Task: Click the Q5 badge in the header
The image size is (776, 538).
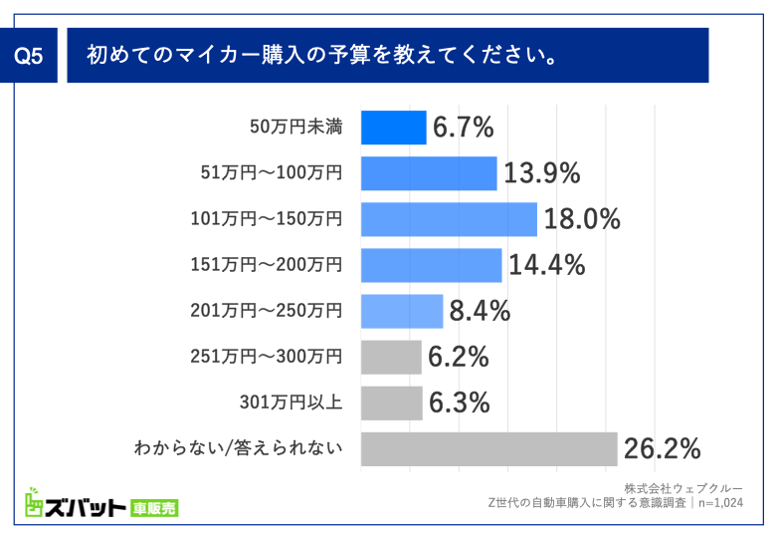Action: (30, 56)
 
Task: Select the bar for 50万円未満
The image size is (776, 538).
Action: (393, 128)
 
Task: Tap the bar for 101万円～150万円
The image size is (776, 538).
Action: (448, 219)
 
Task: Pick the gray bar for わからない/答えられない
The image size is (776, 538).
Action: (488, 448)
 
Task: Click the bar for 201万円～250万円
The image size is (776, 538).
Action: (401, 311)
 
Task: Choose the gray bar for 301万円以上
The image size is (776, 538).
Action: (391, 403)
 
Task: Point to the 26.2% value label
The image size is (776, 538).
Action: (663, 448)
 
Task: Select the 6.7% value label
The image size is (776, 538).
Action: (463, 128)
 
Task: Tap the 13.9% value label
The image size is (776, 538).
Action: (541, 173)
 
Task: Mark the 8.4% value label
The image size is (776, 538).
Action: (480, 311)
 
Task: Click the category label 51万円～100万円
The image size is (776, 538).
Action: (267, 173)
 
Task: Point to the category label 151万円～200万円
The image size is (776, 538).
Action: (267, 265)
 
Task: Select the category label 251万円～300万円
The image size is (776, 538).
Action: (267, 357)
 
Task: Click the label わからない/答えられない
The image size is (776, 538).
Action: (239, 448)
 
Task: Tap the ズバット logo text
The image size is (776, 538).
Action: (75, 507)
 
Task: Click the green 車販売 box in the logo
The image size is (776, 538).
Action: (154, 508)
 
